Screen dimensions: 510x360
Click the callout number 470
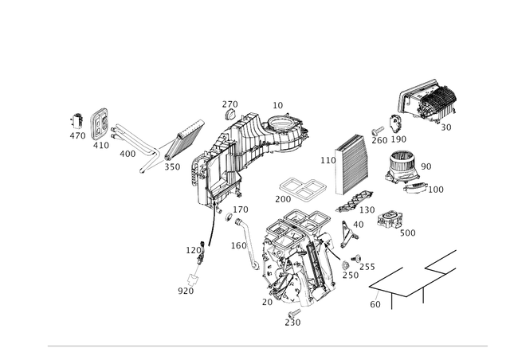click(77, 135)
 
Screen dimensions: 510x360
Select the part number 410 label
click(101, 146)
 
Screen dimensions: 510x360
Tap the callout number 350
click(172, 166)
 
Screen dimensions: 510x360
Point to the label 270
click(230, 104)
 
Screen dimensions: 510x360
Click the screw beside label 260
click(378, 131)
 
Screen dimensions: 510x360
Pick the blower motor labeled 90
click(402, 166)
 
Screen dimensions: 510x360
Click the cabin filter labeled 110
click(351, 164)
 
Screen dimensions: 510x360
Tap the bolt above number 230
click(294, 314)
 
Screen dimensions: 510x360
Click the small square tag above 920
click(193, 280)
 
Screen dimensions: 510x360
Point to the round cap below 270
click(230, 115)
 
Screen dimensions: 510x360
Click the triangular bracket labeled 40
click(348, 234)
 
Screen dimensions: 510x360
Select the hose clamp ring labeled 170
click(229, 217)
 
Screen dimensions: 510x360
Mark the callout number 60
click(375, 304)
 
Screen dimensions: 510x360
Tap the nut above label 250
click(345, 265)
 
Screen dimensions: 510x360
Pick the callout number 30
click(446, 127)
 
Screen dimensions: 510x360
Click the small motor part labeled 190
click(396, 123)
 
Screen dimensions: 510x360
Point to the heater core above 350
click(184, 140)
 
